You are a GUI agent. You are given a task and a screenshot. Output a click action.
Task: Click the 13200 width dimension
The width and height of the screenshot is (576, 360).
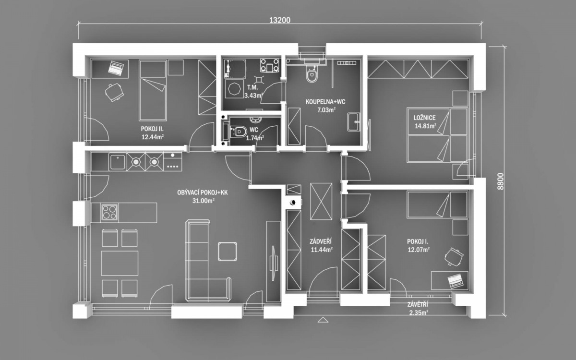point(280,20)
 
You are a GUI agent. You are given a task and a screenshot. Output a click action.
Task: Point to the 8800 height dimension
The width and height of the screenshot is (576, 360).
point(500,181)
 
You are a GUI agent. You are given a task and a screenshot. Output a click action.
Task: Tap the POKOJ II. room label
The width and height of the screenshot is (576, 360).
point(152,129)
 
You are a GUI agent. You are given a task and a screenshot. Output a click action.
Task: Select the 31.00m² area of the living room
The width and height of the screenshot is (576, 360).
point(204,201)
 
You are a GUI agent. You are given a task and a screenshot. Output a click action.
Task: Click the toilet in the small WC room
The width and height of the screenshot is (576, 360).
point(238,132)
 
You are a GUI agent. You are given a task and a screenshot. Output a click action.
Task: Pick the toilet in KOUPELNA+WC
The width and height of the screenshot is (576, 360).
point(312,74)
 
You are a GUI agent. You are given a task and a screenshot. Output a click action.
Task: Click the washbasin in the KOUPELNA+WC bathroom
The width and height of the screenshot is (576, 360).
point(354,121)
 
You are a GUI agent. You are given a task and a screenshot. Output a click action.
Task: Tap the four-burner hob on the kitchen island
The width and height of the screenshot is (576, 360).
point(109,212)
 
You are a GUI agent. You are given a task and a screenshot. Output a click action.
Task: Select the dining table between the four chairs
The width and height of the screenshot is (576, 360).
point(120,264)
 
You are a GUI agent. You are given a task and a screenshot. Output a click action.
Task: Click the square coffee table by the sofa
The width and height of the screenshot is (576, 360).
point(228,251)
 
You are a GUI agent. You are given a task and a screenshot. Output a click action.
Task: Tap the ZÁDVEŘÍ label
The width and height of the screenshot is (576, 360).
point(321,241)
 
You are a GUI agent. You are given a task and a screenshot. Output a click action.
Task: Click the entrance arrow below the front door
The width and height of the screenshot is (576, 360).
point(323,320)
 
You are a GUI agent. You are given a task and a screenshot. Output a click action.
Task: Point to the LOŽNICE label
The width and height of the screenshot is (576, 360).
point(424,118)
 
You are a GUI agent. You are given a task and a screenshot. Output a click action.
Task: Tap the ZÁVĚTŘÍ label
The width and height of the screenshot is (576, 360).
point(418,305)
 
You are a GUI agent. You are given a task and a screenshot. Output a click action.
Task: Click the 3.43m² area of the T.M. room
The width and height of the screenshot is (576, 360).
point(253,96)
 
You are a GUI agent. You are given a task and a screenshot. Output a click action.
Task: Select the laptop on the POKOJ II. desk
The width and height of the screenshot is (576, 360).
point(117,68)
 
